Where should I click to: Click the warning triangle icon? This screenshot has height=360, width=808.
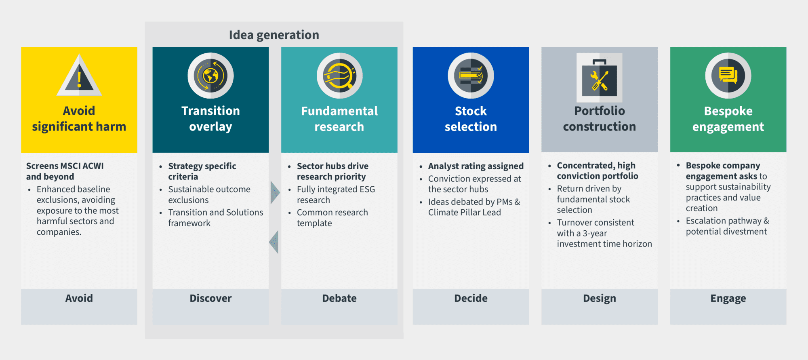point(79,76)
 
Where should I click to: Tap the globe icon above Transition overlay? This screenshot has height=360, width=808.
point(210,76)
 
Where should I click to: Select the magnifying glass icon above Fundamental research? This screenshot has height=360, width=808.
point(339,76)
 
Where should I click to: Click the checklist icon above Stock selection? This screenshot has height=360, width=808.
point(471,76)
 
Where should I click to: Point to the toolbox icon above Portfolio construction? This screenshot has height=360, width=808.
point(600,78)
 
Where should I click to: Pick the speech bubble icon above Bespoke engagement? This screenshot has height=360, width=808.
point(728,76)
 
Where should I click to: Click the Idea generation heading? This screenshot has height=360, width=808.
point(274,35)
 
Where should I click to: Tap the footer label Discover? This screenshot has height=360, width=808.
point(210,298)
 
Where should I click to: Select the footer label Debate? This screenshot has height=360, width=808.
point(339,298)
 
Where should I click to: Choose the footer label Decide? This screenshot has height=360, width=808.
point(471,298)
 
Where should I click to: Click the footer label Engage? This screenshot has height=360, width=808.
point(728,299)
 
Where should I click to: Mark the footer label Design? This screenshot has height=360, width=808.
point(600,299)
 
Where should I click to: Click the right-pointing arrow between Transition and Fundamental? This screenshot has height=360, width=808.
point(275,192)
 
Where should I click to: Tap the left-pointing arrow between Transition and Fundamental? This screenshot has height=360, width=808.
point(274,242)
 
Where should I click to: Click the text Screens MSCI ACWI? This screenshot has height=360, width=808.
point(65,166)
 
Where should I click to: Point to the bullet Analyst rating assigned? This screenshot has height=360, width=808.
point(476,166)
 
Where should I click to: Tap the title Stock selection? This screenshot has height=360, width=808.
point(471,119)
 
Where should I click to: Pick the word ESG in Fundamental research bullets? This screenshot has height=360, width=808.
point(368,189)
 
